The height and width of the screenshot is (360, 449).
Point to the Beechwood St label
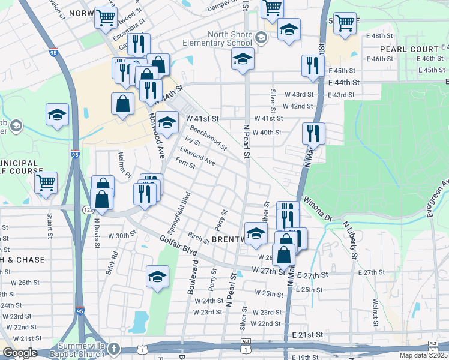click(208, 138)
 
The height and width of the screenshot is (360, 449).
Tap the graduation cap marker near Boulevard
click(157, 277)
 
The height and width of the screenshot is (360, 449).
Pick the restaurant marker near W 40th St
click(312, 133)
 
